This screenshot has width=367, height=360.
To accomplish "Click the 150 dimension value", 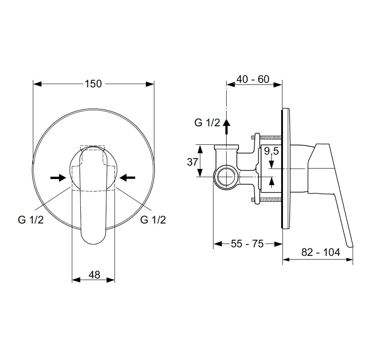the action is pos(93,84).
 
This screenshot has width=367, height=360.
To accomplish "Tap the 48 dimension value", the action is pos(94,275).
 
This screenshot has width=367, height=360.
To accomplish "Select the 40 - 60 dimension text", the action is pos(253,79).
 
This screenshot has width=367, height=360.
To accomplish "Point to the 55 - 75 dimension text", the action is pos(247,244).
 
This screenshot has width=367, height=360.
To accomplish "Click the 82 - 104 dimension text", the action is pos(321,252).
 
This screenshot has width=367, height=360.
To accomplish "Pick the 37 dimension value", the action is pos(193,162).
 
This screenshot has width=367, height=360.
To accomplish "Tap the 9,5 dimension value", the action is pos(271,151).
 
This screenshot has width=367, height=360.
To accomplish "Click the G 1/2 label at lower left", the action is pos(31,220).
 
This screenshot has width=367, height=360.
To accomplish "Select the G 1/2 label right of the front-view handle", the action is pos(153,220).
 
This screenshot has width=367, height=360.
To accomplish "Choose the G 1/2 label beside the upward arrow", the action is pos(207,123).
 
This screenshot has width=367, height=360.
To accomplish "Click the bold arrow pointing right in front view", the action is pos(58,178).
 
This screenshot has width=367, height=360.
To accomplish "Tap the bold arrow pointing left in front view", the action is pos(127,178).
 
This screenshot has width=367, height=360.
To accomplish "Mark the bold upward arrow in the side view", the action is pos(226,126).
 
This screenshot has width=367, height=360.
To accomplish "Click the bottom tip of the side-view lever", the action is pos(351,246).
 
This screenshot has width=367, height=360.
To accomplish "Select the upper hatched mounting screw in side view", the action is pos(266,138).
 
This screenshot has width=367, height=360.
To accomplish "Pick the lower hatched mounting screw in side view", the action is pos(266,200).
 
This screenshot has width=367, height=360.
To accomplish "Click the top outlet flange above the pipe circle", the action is pos(226,147).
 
